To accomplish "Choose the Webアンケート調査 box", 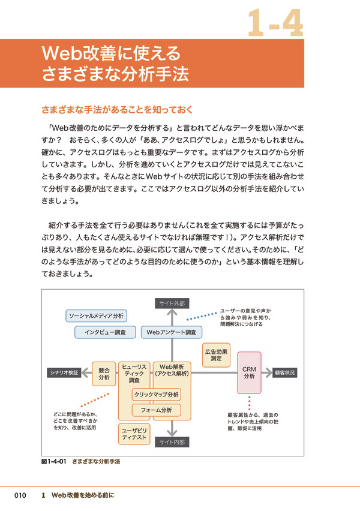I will click(x=171, y=332).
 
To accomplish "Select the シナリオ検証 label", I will click(x=64, y=372).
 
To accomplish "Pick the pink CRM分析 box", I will click(x=249, y=372).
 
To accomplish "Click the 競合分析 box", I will click(x=103, y=373).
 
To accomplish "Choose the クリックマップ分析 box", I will click(x=156, y=395).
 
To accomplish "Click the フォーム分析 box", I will click(x=156, y=410).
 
